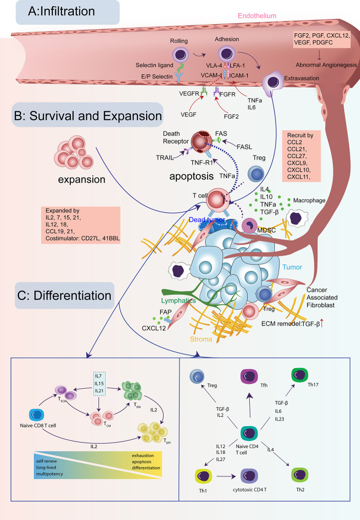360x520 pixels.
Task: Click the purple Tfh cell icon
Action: pyautogui.click(x=247, y=377)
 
